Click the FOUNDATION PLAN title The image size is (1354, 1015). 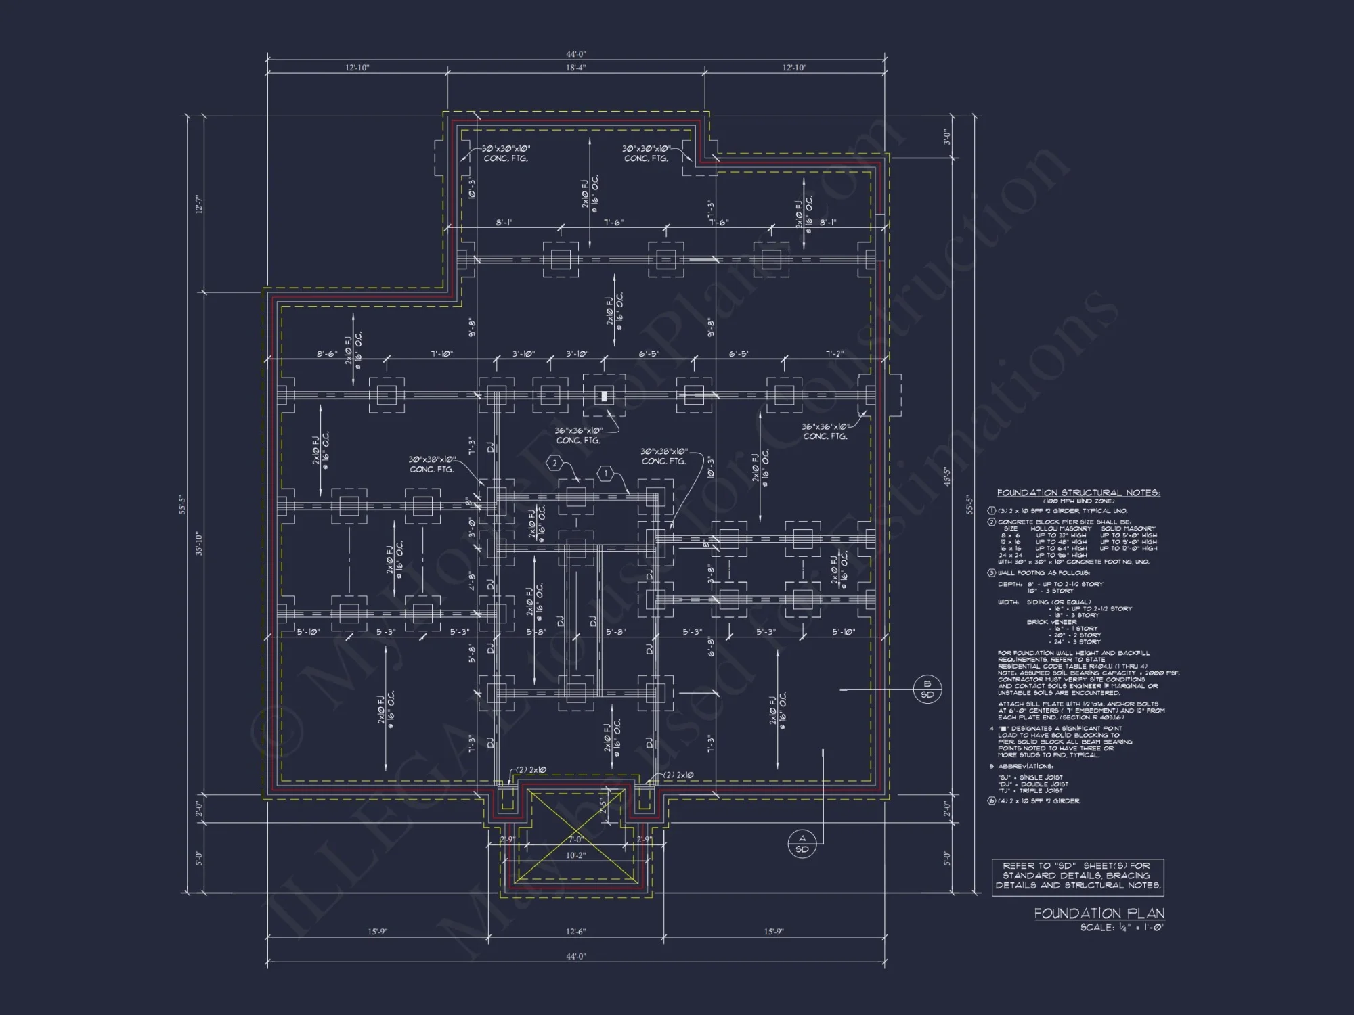click(1099, 913)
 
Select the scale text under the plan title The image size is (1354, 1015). click(1122, 927)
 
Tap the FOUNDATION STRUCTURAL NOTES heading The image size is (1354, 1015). click(1078, 493)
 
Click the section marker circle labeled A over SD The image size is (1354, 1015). click(802, 844)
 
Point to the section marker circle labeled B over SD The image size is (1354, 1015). click(927, 689)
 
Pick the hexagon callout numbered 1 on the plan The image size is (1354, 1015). click(606, 474)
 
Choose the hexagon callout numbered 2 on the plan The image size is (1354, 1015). click(554, 463)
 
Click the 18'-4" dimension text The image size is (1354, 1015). click(575, 68)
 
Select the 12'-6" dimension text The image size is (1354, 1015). click(575, 932)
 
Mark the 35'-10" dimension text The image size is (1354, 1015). click(200, 543)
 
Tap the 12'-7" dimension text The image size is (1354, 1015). click(200, 204)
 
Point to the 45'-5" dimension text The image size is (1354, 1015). click(947, 477)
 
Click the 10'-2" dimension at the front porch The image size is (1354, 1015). click(575, 855)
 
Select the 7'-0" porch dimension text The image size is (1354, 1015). click(575, 840)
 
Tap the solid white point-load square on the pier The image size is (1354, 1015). click(604, 396)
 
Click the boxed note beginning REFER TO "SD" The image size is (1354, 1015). click(1078, 876)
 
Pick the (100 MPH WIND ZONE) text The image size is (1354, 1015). click(1078, 501)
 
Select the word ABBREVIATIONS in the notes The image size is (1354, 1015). click(1026, 767)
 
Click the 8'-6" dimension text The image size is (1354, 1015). click(327, 354)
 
